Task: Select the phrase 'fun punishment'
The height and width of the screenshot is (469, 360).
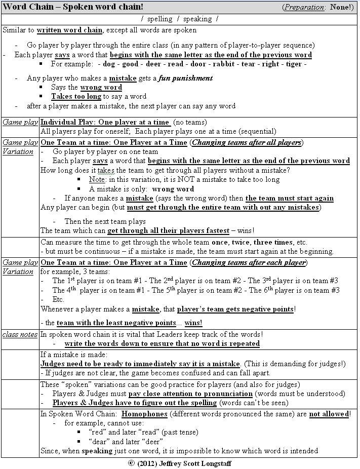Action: pos(185,78)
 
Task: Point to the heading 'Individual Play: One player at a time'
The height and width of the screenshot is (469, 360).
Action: pos(105,122)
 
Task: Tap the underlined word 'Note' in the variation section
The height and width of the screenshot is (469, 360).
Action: pos(97,179)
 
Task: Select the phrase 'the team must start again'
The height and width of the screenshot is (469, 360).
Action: pos(290,198)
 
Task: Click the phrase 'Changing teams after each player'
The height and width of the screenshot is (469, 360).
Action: pos(249,262)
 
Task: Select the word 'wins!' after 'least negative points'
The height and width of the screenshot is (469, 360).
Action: pos(193,323)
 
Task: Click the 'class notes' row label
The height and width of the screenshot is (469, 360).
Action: pos(20,334)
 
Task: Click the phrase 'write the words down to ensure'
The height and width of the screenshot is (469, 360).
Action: pos(114,343)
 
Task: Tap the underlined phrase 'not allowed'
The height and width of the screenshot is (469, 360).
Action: pos(329,414)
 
